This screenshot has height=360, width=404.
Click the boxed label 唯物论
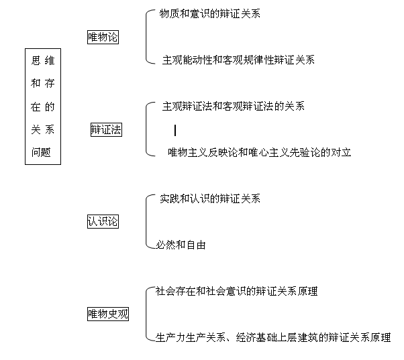tap(103, 38)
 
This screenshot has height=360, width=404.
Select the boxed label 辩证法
tap(106, 129)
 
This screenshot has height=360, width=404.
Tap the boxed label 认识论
tap(103, 221)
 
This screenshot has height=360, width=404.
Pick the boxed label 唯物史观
tap(108, 314)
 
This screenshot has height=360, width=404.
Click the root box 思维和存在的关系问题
tap(43, 107)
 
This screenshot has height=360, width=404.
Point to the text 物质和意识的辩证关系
tap(210, 13)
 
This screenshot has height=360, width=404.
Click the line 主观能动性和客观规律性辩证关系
tap(238, 60)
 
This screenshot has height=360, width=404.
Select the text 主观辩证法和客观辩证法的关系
tap(233, 107)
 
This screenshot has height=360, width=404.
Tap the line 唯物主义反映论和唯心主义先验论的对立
tap(259, 152)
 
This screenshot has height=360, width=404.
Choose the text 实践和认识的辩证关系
tap(210, 198)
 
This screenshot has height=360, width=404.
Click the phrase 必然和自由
tap(181, 245)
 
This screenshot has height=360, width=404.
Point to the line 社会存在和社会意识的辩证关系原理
tap(236, 291)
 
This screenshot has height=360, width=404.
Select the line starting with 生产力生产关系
tap(273, 337)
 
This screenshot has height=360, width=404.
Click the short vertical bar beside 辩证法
tap(175, 130)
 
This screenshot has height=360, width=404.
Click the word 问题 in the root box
tap(41, 152)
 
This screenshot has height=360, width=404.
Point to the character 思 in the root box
tap(36, 60)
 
